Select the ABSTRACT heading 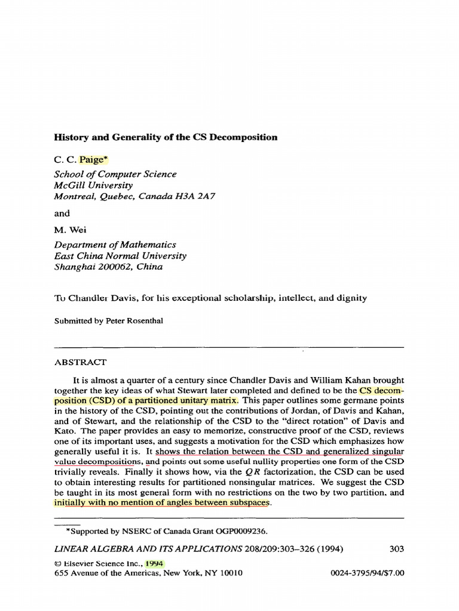[x=81, y=362]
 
